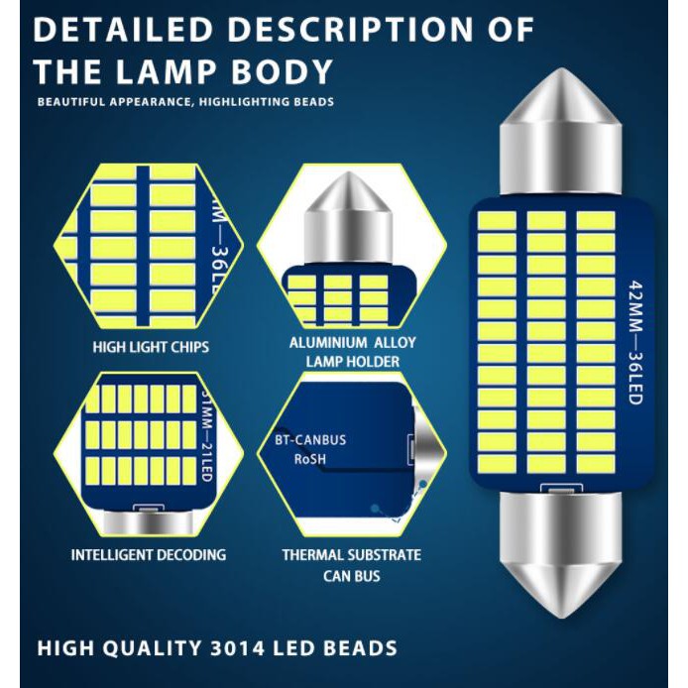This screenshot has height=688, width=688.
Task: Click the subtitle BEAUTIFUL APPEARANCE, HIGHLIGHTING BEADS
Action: point(185,102)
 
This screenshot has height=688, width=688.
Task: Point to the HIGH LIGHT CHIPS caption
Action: point(151,348)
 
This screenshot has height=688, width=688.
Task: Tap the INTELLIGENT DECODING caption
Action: point(149,554)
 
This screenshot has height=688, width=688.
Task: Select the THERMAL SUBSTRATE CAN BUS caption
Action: point(351,565)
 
